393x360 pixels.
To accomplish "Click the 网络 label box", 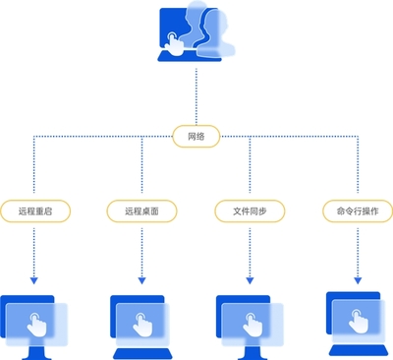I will tap(196, 137).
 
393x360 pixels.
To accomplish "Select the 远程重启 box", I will tap(36, 210).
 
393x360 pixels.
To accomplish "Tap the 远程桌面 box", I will tap(142, 210).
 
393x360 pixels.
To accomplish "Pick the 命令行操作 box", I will tap(358, 210).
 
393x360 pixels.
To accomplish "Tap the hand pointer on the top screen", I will tap(173, 43).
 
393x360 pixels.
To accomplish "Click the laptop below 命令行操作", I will tap(358, 322).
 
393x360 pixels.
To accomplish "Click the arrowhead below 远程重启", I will tap(35, 281).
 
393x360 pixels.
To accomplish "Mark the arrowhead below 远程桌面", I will tap(142, 281).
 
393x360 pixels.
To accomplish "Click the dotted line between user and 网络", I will tap(196, 93).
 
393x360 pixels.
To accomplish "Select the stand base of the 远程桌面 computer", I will tap(142, 353).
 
